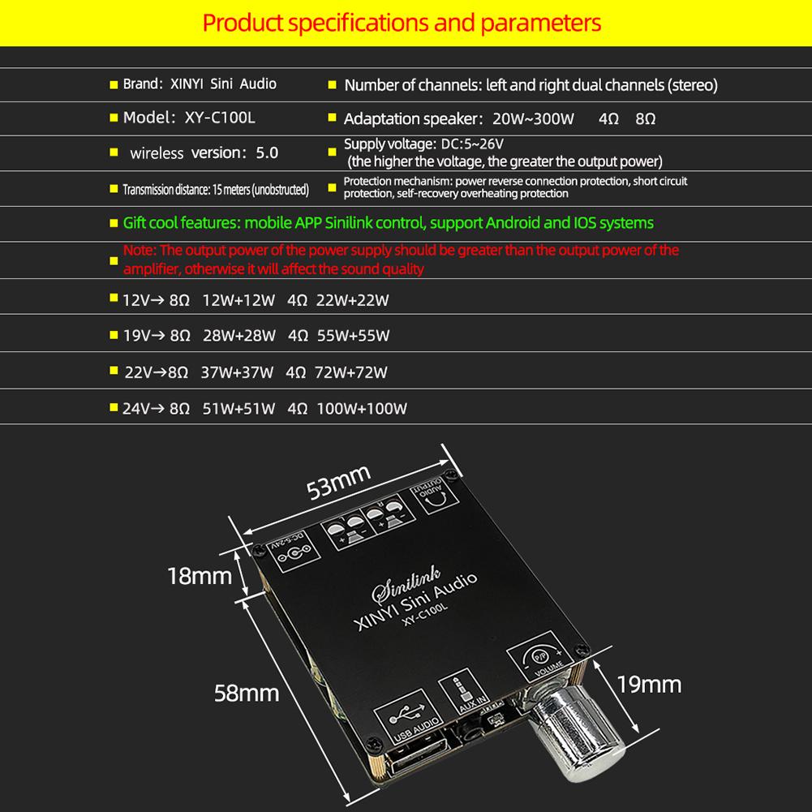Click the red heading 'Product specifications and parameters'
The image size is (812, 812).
(402, 22)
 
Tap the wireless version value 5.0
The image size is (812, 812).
(266, 153)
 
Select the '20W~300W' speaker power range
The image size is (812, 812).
(533, 119)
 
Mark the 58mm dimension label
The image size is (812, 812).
(246, 693)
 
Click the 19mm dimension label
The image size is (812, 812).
(649, 684)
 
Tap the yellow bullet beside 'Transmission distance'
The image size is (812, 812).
(114, 191)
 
